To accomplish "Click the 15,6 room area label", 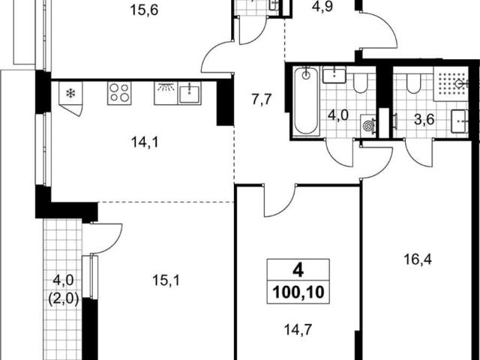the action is point(144,10).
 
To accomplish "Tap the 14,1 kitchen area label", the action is point(145,142).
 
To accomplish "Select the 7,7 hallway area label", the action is point(262,100).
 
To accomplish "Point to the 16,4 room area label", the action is point(418,260).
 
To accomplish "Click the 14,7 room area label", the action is point(298,330).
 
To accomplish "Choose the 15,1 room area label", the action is point(166,280).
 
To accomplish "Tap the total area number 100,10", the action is point(298,292).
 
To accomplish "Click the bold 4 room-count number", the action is point(298,271).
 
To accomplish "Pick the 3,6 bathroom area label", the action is point(424,120).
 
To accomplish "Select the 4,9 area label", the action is point(322,7).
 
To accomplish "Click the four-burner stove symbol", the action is point(119,93).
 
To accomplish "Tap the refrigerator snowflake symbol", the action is point(70,93).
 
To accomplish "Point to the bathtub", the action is point(306,100).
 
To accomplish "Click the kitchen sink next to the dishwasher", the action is point(190,93).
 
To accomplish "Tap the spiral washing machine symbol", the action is point(367,125).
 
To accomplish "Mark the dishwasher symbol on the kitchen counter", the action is point(166,93).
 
